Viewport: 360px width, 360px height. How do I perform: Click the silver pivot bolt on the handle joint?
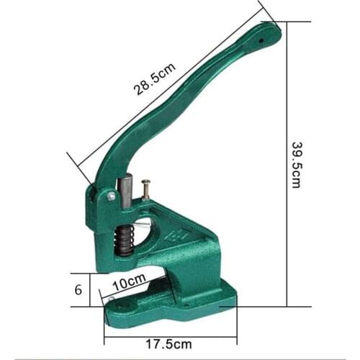click(x=111, y=196)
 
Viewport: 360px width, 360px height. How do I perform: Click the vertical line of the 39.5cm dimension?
click(x=287, y=164)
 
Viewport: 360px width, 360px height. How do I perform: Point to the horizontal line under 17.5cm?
click(x=172, y=333)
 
